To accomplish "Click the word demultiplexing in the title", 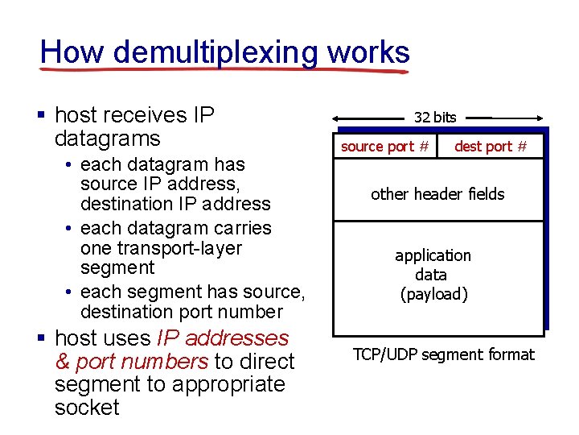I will [x=216, y=53].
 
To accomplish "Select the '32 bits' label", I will [x=435, y=118].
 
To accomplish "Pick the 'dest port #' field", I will [x=491, y=147].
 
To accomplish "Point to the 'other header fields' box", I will [x=437, y=194].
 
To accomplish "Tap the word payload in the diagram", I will [x=434, y=294].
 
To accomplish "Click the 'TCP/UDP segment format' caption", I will [x=444, y=354].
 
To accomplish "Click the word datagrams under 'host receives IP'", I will [x=108, y=139].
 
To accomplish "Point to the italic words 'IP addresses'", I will [x=223, y=338].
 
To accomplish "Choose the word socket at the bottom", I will [x=87, y=408].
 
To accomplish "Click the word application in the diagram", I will [x=433, y=255].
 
